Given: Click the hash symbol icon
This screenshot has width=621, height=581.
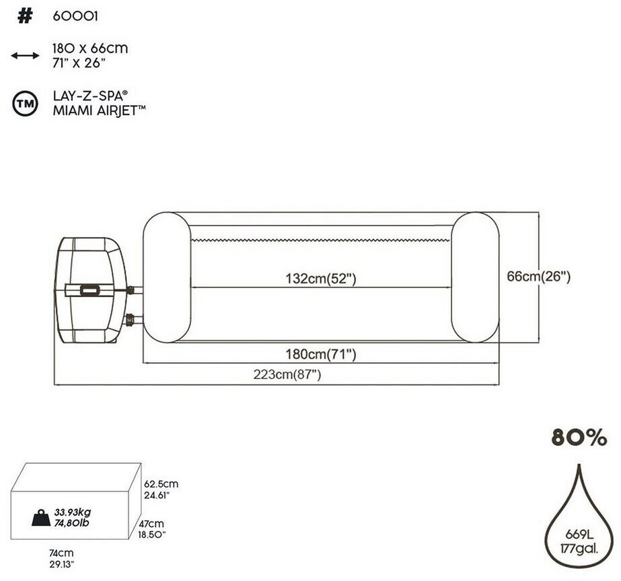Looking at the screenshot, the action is click(25, 16).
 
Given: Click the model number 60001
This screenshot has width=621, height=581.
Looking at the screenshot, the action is click(75, 16).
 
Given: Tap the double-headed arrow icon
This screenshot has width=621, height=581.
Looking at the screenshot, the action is click(25, 55).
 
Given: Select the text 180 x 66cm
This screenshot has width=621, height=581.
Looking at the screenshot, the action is click(90, 48).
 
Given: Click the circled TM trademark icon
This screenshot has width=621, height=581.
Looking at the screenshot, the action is click(26, 104).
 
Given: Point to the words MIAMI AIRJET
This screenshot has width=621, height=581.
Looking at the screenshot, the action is click(96, 110).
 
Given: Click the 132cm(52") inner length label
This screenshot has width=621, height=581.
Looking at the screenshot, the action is click(321, 279).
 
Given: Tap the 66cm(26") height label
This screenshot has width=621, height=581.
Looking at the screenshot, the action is click(539, 276).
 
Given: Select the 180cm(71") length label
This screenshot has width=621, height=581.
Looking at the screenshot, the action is click(321, 354).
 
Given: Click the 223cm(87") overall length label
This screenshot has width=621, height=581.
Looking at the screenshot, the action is click(287, 374).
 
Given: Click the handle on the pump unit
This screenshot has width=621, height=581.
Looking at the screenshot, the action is click(90, 290).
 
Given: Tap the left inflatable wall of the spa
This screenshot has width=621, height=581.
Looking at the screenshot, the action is click(167, 277).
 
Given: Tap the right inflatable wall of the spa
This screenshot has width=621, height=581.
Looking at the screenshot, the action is click(475, 277).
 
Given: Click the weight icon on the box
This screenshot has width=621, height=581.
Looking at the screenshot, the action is click(41, 518).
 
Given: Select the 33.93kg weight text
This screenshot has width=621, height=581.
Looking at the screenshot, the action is click(73, 512).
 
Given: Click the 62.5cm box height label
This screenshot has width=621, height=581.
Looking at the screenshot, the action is click(161, 484).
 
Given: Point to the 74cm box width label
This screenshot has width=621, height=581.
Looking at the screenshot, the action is click(61, 553).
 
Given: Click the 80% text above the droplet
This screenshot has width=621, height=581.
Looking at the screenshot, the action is click(579, 437).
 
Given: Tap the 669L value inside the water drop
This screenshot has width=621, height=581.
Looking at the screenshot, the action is click(579, 535).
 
